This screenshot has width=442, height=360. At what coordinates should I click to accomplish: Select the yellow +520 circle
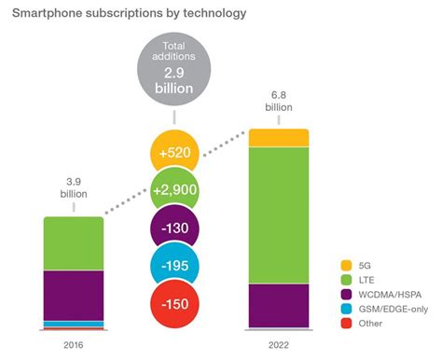[x=177, y=152]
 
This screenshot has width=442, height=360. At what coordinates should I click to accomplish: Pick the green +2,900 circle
[x=177, y=191]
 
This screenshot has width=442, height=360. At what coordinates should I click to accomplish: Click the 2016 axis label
[x=74, y=344]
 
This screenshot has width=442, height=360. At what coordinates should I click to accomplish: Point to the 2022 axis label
[x=278, y=344]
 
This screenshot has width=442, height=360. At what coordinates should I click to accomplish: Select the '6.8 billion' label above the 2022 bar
[x=278, y=102]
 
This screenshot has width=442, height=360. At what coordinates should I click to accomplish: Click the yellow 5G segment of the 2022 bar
[x=278, y=138]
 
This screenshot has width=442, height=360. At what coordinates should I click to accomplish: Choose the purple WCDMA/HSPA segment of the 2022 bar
[x=278, y=304]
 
